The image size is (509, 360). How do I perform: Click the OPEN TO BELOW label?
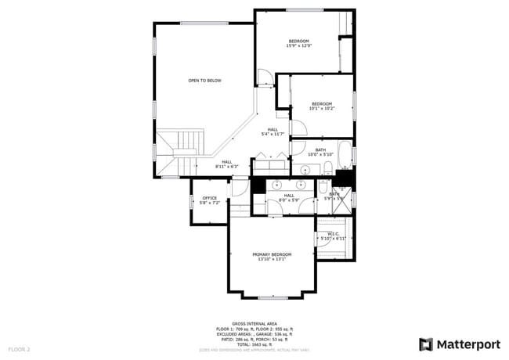tap(204, 81)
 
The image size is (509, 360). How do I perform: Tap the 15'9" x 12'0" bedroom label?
tap(298, 43)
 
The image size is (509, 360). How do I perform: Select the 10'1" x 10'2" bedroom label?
tap(322, 106)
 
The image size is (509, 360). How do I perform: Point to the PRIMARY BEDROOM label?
tap(272, 257)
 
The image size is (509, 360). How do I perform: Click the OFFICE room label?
tap(209, 200)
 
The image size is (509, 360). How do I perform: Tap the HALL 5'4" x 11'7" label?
tap(273, 131)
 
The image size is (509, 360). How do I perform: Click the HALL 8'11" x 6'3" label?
tap(226, 164)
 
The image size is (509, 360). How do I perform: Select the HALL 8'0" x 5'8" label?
tap(289, 197)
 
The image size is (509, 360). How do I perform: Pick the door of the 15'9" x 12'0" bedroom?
tap(266, 77)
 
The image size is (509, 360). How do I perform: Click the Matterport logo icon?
tap(426, 344)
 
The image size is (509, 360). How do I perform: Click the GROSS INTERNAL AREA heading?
tap(254, 322)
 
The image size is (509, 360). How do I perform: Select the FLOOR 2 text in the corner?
tap(19, 348)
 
